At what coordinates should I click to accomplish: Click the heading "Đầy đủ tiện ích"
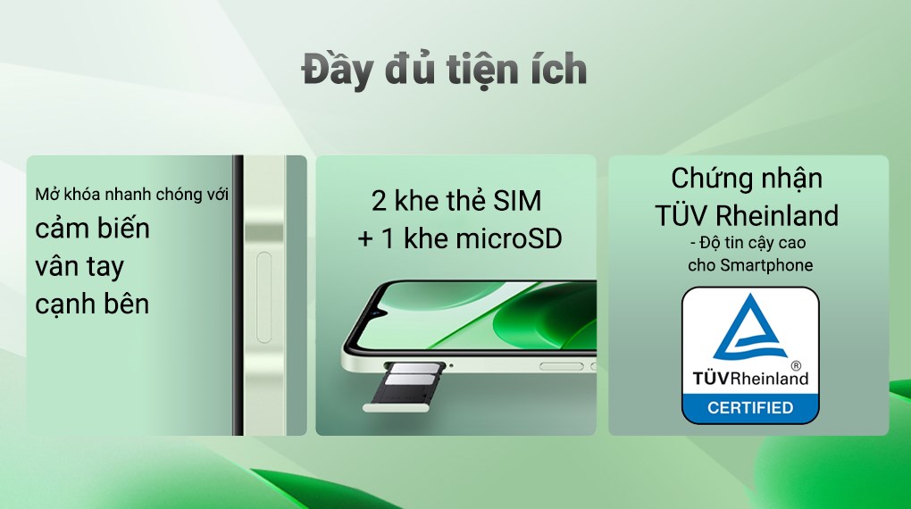pos(444,71)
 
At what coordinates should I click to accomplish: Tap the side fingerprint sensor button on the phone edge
pos(263,297)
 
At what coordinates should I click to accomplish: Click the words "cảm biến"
pos(92,228)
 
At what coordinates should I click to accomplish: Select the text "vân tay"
pos(79,266)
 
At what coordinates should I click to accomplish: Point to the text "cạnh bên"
pos(92,304)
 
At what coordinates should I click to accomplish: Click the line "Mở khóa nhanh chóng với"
pos(132,194)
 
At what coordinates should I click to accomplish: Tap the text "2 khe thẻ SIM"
pos(456,201)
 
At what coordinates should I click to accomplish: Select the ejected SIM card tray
pos(406,384)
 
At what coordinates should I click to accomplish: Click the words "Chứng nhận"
pos(747,178)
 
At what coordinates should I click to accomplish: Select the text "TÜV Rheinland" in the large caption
pos(747,215)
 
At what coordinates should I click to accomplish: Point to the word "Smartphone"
pos(770,265)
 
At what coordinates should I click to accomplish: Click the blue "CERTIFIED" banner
pos(750,408)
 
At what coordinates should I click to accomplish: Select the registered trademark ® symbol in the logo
pos(794,366)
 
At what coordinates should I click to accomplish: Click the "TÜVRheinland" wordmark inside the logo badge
pos(749,378)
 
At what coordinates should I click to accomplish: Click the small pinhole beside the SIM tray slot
pos(451,364)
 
